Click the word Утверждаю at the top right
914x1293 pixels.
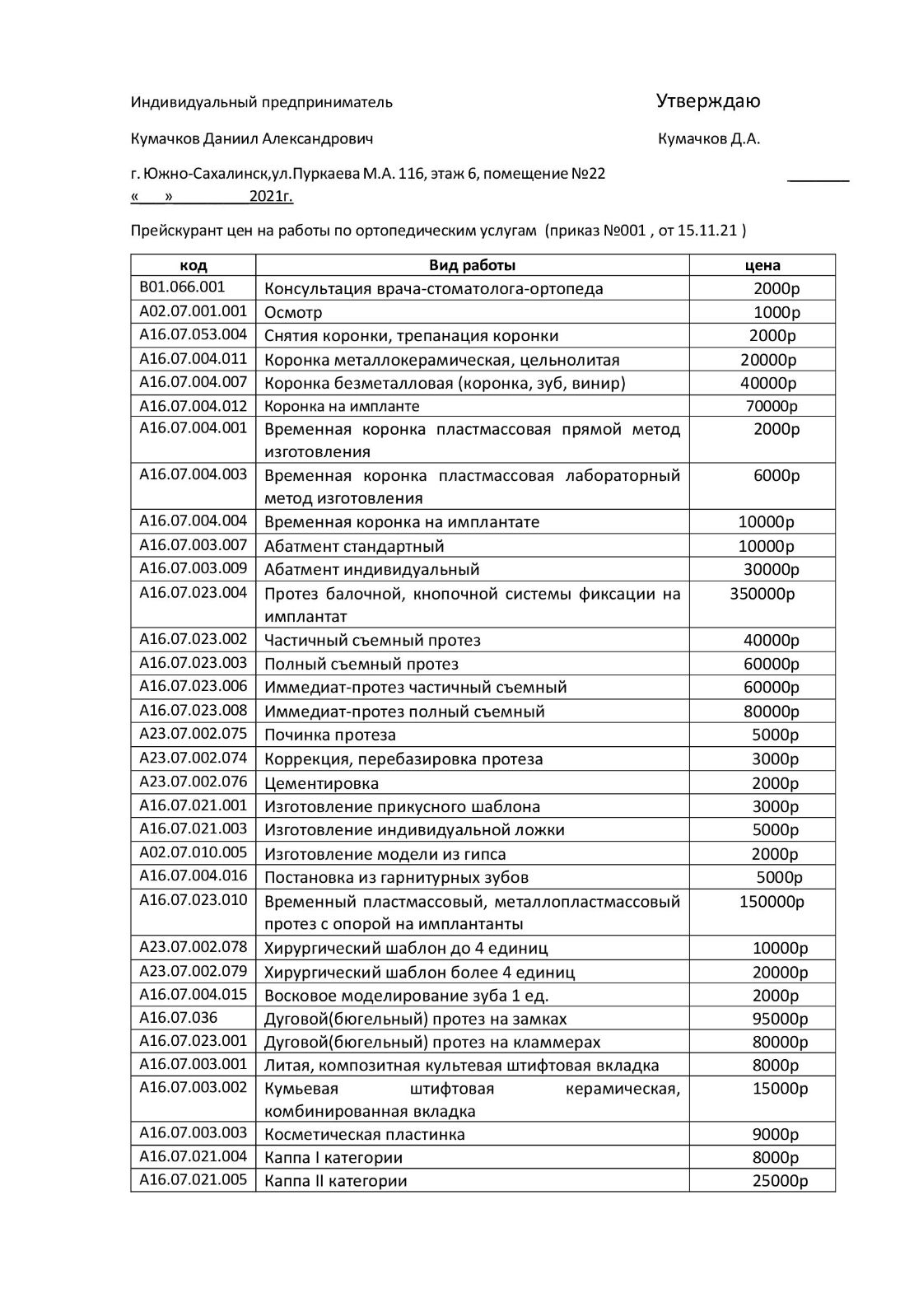click(x=708, y=101)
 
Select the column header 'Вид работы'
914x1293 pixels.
click(x=472, y=265)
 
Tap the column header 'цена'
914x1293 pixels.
click(x=762, y=265)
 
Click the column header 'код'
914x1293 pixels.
click(x=193, y=265)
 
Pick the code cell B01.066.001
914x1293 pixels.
click(x=182, y=287)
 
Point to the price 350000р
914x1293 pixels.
click(x=762, y=593)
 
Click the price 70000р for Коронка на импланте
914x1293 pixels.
click(x=772, y=406)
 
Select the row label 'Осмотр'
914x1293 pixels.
click(x=293, y=312)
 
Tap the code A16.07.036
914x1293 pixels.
click(x=178, y=1017)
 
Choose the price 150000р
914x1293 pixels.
click(x=772, y=901)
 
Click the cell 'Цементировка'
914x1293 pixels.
click(x=321, y=782)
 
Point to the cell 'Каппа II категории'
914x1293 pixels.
click(x=335, y=1180)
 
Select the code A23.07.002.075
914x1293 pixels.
click(x=193, y=734)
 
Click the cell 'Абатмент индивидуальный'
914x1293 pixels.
click(x=371, y=569)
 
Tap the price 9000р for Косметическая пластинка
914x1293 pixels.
click(x=775, y=1134)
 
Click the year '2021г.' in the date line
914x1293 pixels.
click(x=271, y=197)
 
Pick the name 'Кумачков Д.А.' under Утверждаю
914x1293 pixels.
click(x=709, y=138)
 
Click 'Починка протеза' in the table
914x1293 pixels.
click(x=329, y=735)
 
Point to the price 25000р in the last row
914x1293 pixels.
click(x=780, y=1180)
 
